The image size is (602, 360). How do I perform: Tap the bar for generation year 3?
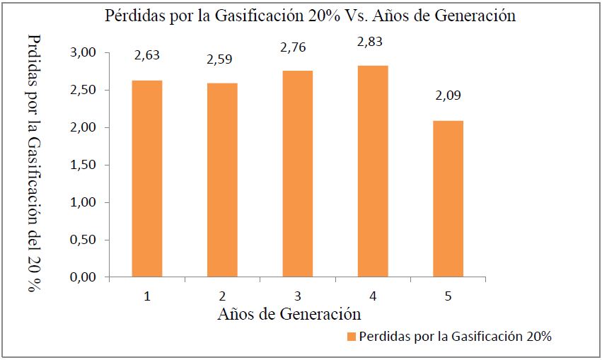pyautogui.click(x=297, y=173)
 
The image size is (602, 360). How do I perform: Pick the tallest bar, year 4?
pyautogui.click(x=373, y=170)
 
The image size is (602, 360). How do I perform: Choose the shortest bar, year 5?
pyautogui.click(x=448, y=199)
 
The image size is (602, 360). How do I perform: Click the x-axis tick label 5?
pyautogui.click(x=448, y=295)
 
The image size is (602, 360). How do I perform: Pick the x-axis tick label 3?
pyautogui.click(x=297, y=295)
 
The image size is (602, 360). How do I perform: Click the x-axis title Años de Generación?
pyautogui.click(x=289, y=313)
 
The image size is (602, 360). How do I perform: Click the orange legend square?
pyautogui.click(x=352, y=337)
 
